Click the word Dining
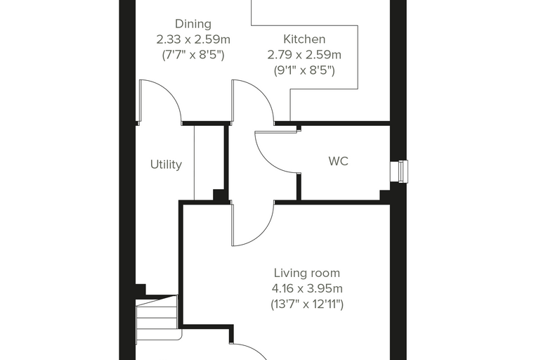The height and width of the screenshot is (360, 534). click(x=193, y=24)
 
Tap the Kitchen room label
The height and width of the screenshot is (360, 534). click(x=304, y=39)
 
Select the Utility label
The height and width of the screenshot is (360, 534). click(x=166, y=165)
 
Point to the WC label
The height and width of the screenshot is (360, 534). click(x=338, y=161)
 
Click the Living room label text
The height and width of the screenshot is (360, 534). click(x=307, y=273)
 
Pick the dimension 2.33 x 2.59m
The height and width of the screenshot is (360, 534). click(x=193, y=39)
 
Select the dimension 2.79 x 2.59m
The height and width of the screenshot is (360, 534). click(x=304, y=55)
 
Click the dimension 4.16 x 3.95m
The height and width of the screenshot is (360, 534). click(x=307, y=289)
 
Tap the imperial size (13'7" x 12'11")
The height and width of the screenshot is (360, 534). click(x=307, y=304)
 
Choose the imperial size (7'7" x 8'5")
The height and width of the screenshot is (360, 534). click(x=193, y=55)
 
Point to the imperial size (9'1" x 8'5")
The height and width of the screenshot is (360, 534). click(x=304, y=70)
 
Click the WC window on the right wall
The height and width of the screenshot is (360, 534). click(x=399, y=172)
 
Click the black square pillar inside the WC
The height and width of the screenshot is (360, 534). click(x=385, y=195)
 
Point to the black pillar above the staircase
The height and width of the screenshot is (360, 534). click(x=141, y=290)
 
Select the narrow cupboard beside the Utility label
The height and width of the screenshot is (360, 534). click(x=209, y=162)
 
